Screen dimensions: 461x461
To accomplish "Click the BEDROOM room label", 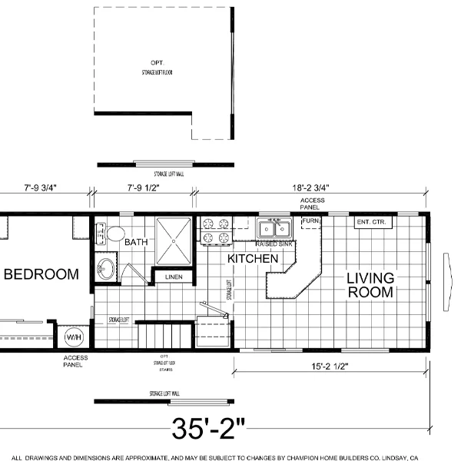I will tap(41, 274).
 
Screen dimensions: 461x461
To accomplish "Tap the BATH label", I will tap(136, 242).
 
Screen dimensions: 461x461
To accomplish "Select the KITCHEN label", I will tap(252, 259).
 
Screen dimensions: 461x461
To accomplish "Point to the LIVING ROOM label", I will tap(370, 285).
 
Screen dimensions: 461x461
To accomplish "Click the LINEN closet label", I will tap(174, 277).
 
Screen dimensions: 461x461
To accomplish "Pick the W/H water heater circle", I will tap(74, 337).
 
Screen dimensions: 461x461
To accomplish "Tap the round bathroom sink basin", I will tap(106, 270).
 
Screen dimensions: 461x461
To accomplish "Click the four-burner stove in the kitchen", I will tap(216, 230).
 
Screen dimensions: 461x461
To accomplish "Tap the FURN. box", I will tap(310, 222).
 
